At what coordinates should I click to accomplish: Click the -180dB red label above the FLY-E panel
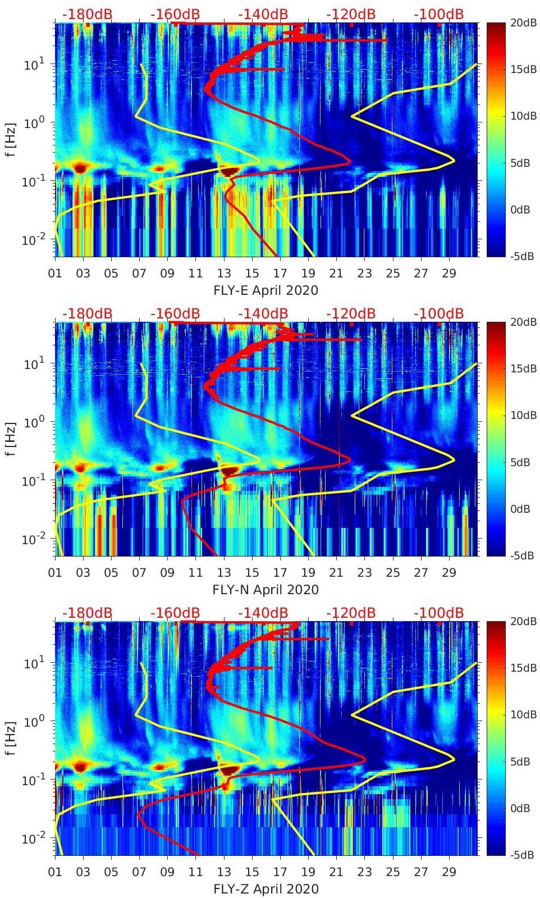87,14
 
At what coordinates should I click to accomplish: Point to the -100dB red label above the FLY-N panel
438,313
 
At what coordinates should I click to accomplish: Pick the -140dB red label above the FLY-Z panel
263,613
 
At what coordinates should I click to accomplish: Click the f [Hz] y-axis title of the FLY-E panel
12,139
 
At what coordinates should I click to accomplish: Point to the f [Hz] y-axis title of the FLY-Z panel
12,738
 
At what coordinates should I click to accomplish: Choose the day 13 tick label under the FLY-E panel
224,273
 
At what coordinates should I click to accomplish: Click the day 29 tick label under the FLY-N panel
449,573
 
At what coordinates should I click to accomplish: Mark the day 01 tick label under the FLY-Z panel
55,872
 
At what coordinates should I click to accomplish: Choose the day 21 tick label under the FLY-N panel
336,573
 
